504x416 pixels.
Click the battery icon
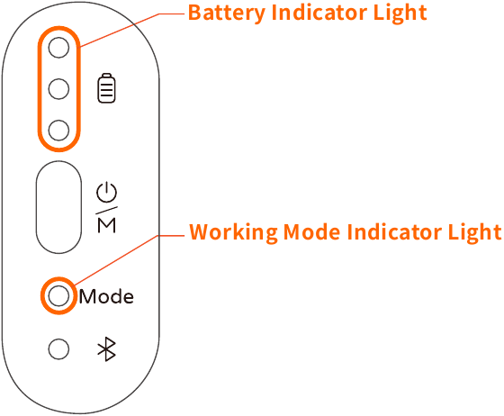tap(107, 88)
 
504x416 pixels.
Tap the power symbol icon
tap(107, 193)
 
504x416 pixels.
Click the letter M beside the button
tap(107, 225)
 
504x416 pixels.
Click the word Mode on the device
tap(106, 296)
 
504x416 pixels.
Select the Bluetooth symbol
tap(107, 349)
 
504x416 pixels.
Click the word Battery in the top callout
tap(227, 14)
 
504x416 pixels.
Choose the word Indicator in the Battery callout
tap(319, 13)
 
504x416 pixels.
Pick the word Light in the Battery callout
tap(400, 14)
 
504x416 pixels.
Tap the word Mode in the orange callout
tap(311, 231)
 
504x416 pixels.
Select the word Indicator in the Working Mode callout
tap(394, 231)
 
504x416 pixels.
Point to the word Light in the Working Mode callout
tap(474, 232)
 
